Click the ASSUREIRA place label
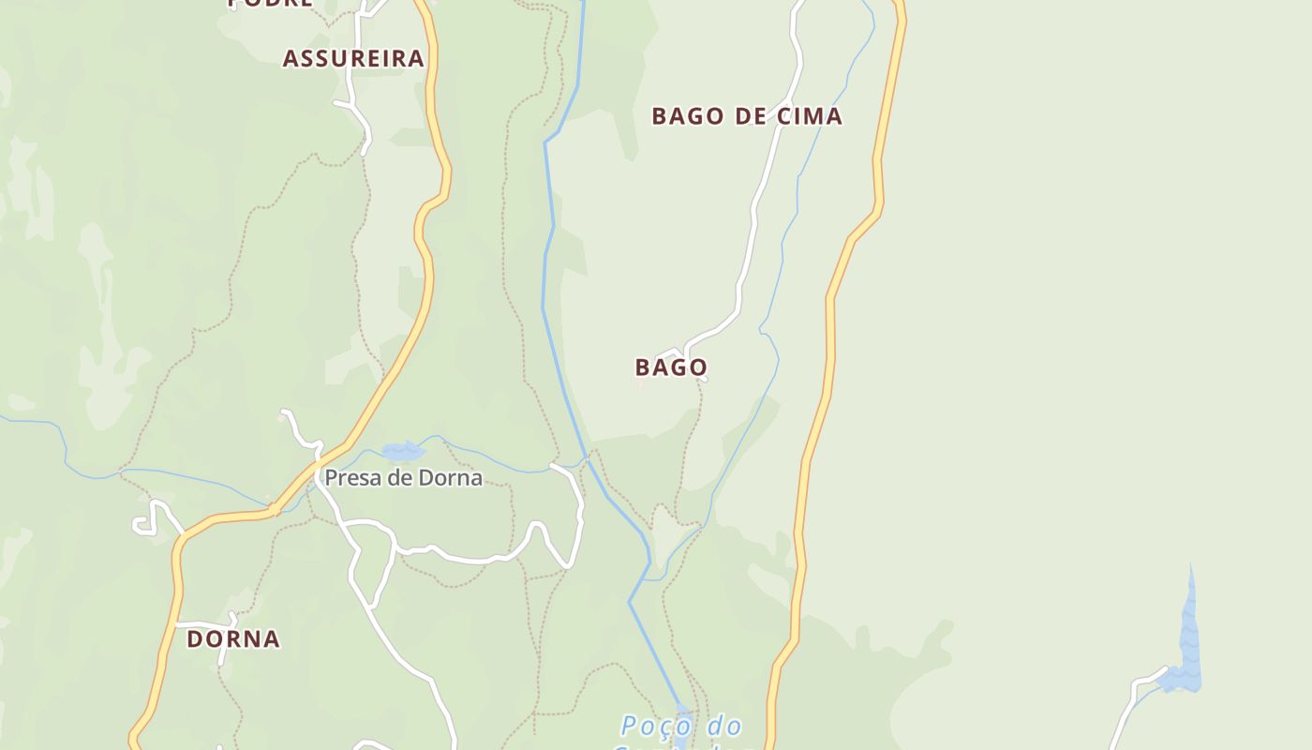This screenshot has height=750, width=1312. coord(353,58)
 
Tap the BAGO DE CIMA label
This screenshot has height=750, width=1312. coord(747,116)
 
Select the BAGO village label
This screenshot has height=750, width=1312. coord(671,367)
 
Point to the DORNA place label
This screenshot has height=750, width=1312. coord(233,639)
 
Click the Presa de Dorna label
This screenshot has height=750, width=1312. coord(403,478)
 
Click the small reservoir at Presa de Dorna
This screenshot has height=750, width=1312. coord(403,451)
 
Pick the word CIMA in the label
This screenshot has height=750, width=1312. coord(810,116)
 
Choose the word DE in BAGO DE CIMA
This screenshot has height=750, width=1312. coord(755,116)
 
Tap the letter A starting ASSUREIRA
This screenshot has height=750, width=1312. coord(291,58)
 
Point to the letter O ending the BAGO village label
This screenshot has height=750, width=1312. coord(698,367)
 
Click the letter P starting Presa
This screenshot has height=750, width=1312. coord(330,478)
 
